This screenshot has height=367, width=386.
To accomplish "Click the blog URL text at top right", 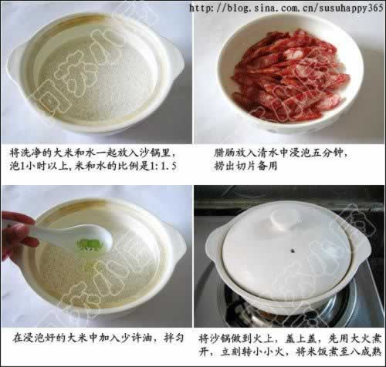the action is pyautogui.click(x=286, y=8).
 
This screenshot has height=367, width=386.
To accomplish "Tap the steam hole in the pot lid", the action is pyautogui.click(x=293, y=250).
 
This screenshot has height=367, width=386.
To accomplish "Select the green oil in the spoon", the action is pyautogui.click(x=90, y=244).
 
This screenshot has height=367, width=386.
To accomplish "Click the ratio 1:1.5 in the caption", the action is pyautogui.click(x=164, y=167).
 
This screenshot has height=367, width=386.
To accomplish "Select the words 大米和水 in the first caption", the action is pyautogui.click(x=75, y=153).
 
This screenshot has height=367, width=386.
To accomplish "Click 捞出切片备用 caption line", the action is pyautogui.click(x=245, y=167).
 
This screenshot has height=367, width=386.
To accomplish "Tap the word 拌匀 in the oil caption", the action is pyautogui.click(x=174, y=338).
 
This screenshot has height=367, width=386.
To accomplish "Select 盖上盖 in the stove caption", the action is pyautogui.click(x=300, y=338).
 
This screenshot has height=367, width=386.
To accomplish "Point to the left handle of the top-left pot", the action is pyautogui.click(x=15, y=64).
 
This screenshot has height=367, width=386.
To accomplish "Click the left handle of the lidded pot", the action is pyautogui.click(x=215, y=241).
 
